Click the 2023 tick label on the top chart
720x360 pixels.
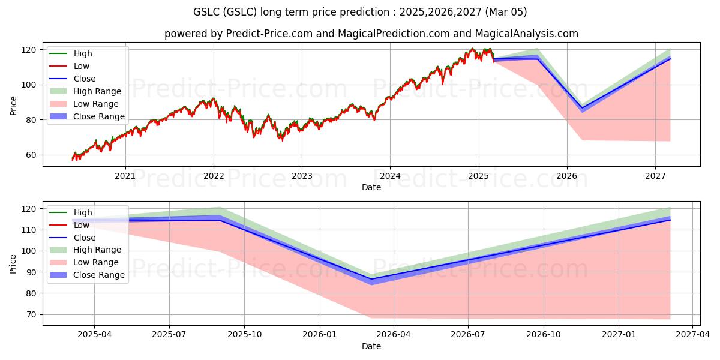pyautogui.click(x=302, y=176)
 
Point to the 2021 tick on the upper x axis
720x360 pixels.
pyautogui.click(x=125, y=176)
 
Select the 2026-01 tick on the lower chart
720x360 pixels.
pyautogui.click(x=319, y=335)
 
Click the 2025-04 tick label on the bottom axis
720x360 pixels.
pyautogui.click(x=94, y=335)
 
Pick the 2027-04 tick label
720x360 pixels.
pyautogui.click(x=692, y=335)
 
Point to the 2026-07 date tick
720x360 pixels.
pyautogui.click(x=469, y=335)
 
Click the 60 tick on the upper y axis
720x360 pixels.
pyautogui.click(x=31, y=155)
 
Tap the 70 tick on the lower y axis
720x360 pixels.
pyautogui.click(x=31, y=314)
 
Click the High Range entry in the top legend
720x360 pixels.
pyautogui.click(x=97, y=91)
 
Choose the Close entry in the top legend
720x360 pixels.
pyautogui.click(x=85, y=79)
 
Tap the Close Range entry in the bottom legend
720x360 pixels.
pyautogui.click(x=99, y=275)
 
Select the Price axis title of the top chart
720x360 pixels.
pyautogui.click(x=14, y=106)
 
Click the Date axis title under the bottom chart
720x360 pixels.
pyautogui.click(x=371, y=346)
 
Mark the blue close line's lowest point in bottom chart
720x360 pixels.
pyautogui.click(x=371, y=279)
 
